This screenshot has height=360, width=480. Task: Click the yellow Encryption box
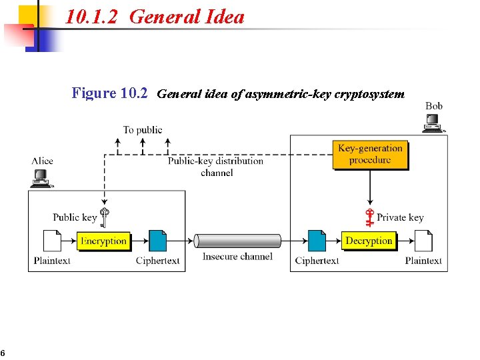(x=103, y=241)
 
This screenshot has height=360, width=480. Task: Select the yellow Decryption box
(x=369, y=241)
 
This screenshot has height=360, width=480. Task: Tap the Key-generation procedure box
(x=370, y=154)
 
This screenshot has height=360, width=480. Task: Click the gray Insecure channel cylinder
(x=237, y=241)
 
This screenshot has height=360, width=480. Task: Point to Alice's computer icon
(x=41, y=177)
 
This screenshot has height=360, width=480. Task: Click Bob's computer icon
(x=434, y=123)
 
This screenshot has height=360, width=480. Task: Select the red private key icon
(x=370, y=218)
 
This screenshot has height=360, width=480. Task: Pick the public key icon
(x=105, y=217)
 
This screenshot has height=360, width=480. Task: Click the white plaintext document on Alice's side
(x=51, y=241)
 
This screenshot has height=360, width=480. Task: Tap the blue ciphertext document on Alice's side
(x=157, y=241)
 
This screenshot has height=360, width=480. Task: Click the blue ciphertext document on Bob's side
(x=317, y=241)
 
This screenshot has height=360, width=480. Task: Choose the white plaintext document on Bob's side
(x=423, y=241)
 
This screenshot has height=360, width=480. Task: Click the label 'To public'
(x=143, y=129)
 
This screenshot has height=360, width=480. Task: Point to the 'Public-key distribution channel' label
(x=215, y=167)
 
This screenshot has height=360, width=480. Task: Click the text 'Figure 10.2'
(x=109, y=93)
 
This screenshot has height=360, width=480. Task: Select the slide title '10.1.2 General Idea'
(x=155, y=17)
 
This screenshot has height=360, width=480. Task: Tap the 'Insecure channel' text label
(x=237, y=257)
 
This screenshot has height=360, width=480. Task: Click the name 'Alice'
(x=42, y=161)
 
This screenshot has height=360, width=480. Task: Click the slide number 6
(x=3, y=353)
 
